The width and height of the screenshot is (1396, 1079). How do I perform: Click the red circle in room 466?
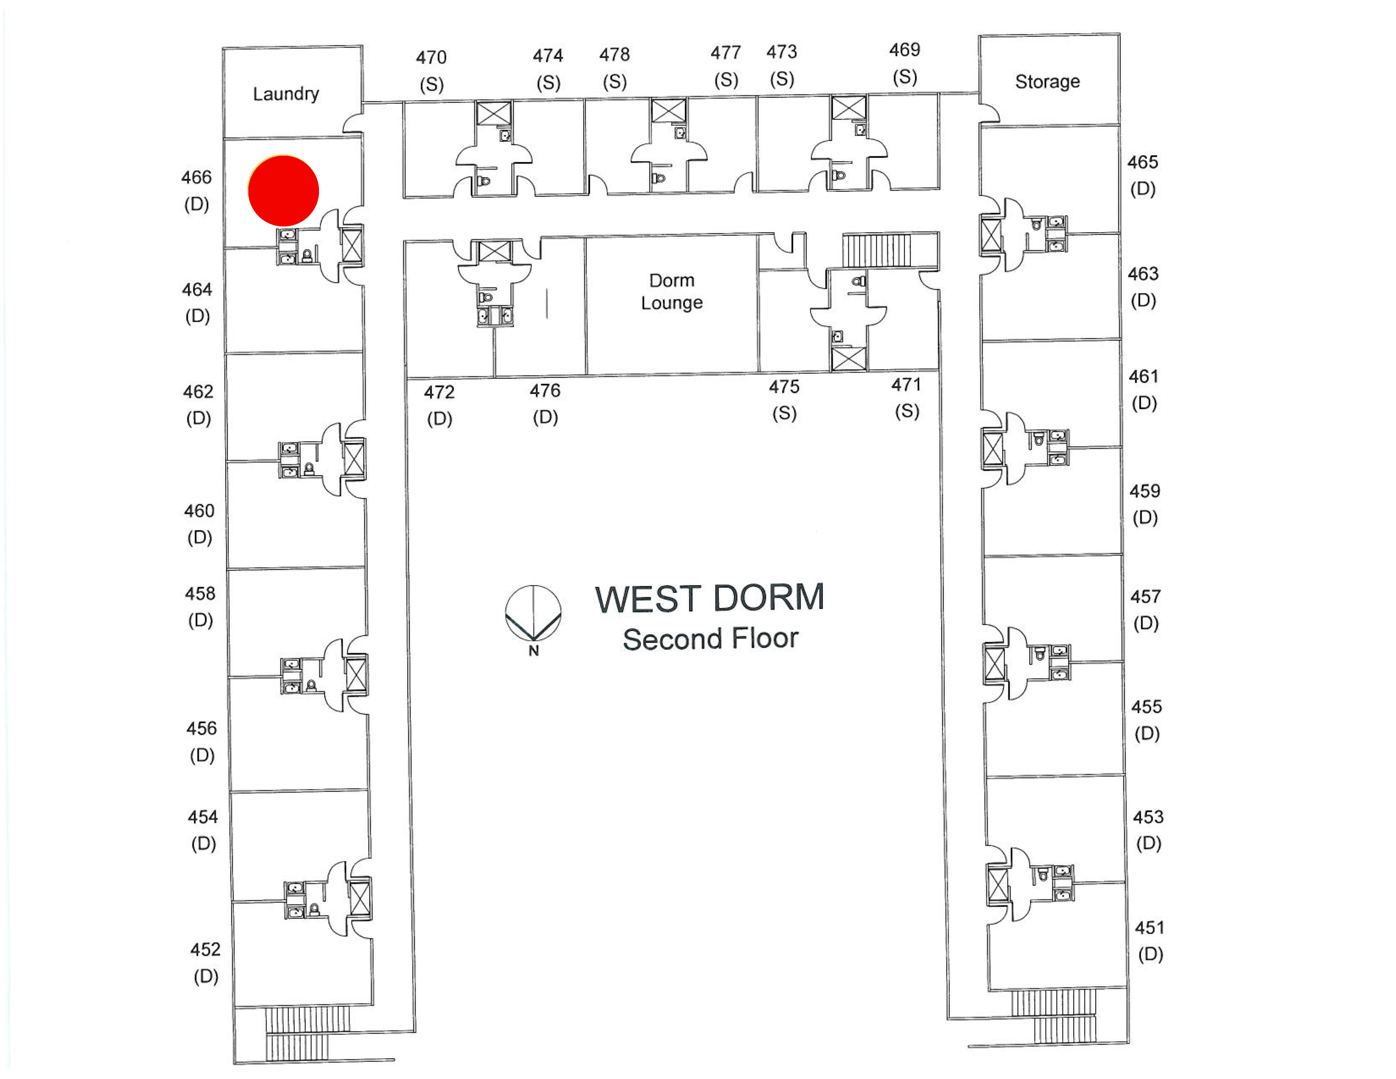coord(283,190)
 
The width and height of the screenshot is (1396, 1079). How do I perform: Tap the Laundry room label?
coord(286,94)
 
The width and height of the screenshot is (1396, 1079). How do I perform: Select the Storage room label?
coord(1047,82)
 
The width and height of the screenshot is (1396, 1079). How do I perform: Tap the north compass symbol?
coord(533,615)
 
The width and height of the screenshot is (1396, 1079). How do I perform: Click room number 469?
coord(904,50)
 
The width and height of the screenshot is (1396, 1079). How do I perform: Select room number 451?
coord(1149,928)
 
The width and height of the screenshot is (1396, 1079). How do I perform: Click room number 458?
coord(200,594)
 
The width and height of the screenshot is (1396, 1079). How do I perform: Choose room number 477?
coord(725,52)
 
